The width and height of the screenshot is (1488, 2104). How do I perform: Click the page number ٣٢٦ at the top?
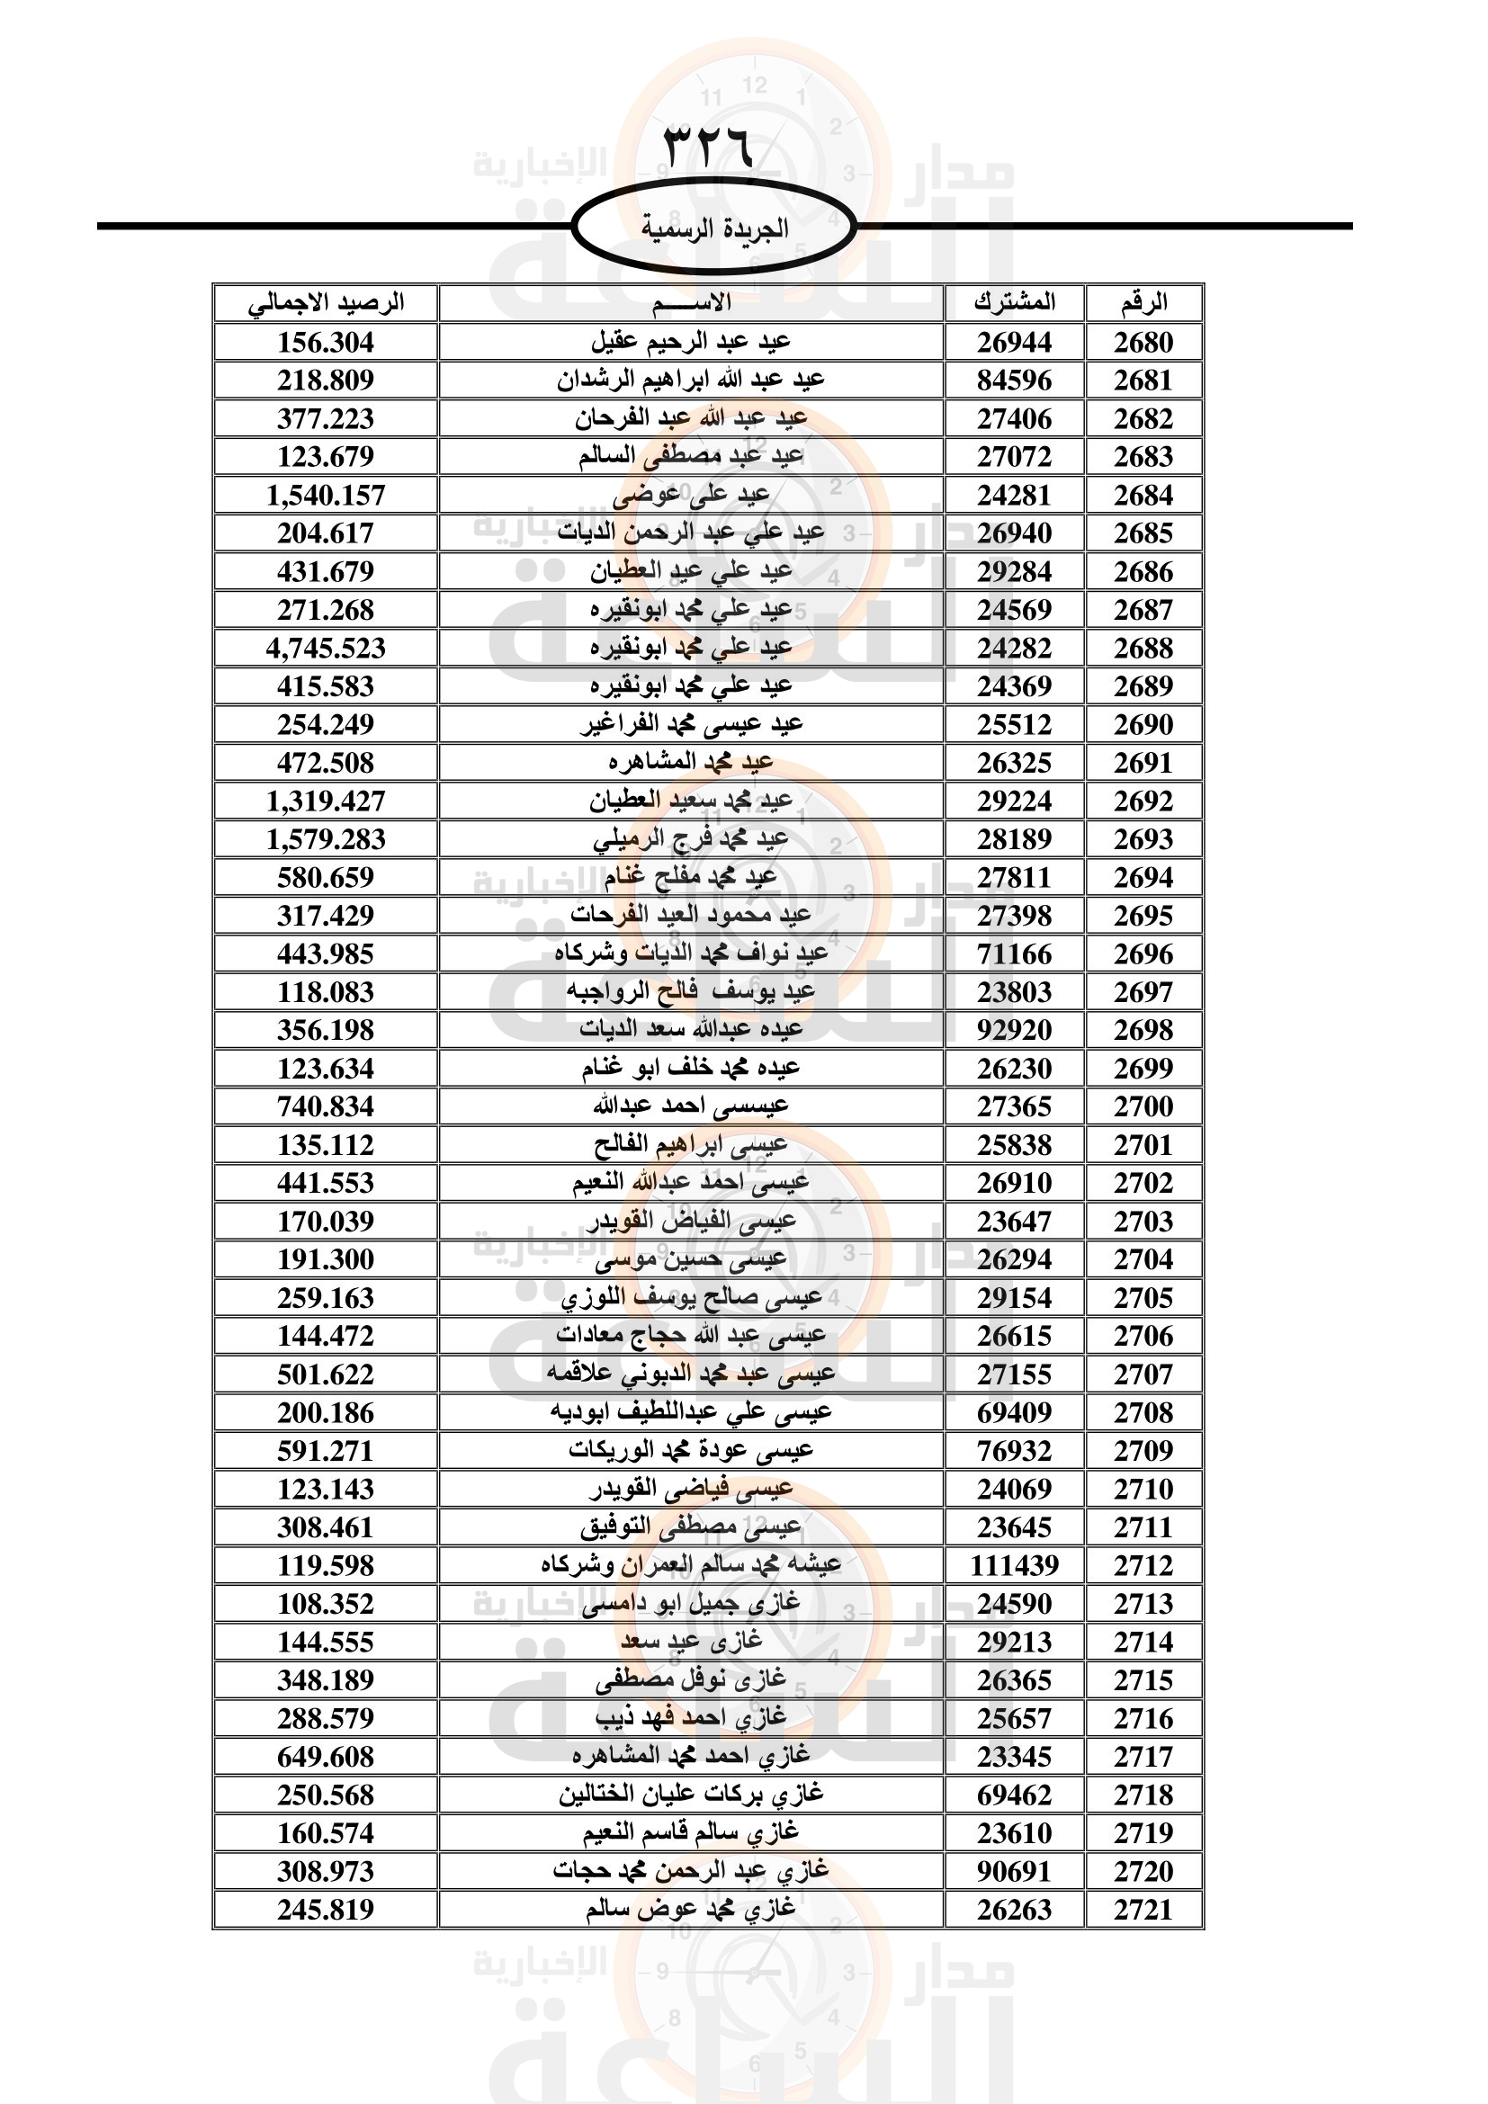[x=707, y=147]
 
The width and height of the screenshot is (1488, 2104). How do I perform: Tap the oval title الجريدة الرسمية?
[x=713, y=228]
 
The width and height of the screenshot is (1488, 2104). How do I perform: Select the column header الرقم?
[x=1143, y=302]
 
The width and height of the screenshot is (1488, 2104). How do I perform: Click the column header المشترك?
[x=1014, y=302]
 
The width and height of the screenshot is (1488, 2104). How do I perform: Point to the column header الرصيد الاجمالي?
[x=327, y=302]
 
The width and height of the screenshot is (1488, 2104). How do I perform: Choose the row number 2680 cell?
[x=1143, y=343]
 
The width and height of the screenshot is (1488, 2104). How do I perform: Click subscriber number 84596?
[x=1014, y=381]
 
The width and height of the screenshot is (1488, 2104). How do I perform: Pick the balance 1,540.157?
[x=327, y=496]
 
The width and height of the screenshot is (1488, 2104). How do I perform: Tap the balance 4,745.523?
[x=327, y=649]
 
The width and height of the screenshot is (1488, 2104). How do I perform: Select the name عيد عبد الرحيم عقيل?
[x=691, y=342]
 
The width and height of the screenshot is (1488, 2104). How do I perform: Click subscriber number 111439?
[x=1014, y=1566]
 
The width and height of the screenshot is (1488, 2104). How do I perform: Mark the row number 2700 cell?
[x=1143, y=1107]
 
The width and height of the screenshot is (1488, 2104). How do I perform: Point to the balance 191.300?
[x=327, y=1260]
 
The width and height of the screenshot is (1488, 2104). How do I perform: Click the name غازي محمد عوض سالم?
[x=691, y=1910]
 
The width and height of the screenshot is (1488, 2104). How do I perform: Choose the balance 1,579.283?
[x=327, y=839]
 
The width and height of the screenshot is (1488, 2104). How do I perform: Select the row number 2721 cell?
[x=1143, y=1911]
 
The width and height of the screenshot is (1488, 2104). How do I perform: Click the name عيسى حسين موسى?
[x=691, y=1260]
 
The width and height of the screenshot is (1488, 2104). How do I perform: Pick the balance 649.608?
[x=327, y=1758]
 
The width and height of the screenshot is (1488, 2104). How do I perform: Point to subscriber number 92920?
[x=1014, y=1031]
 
